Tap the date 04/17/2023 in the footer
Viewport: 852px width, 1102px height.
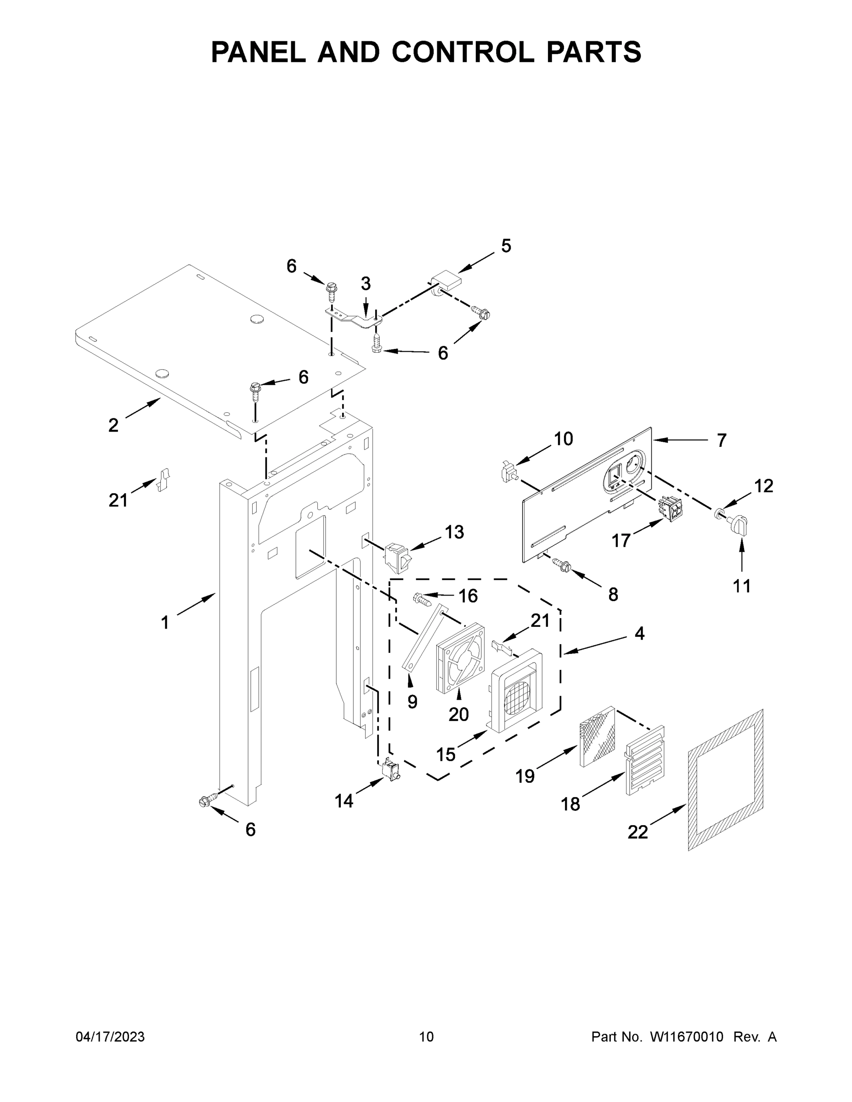(x=110, y=1036)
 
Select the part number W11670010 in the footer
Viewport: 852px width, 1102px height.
(x=687, y=1036)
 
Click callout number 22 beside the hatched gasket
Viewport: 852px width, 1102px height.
(x=638, y=832)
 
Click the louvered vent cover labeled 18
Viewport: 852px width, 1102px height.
(x=644, y=761)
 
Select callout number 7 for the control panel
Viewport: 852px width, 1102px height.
(x=721, y=440)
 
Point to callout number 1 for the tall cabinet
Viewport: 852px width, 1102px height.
(x=164, y=623)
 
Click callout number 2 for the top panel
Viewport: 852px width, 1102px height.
(x=113, y=425)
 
